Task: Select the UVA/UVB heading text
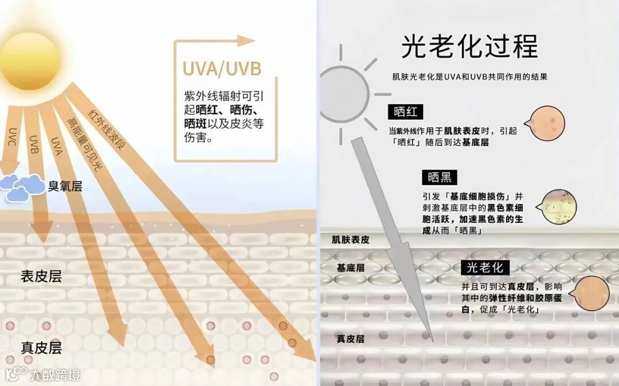click(221, 69)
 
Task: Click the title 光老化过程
click(469, 46)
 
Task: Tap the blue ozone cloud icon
click(23, 187)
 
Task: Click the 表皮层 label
click(41, 277)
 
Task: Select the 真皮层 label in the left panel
click(41, 348)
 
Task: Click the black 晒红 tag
click(405, 112)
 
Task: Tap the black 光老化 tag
click(484, 267)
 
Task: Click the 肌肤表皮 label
click(351, 240)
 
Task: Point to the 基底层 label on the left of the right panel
click(351, 267)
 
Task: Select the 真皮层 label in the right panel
click(351, 339)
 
